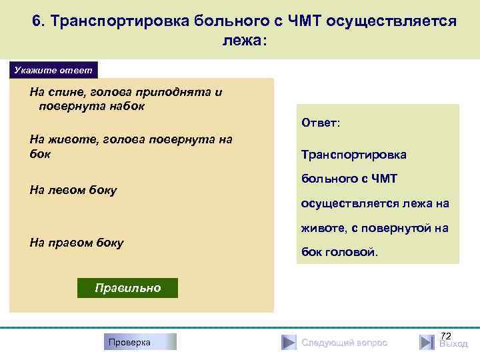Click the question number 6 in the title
(37, 21)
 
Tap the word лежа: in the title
(244, 41)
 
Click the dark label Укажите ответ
(53, 70)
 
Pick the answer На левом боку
(73, 190)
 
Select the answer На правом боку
(77, 243)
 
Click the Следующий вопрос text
(344, 343)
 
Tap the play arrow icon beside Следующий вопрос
(288, 343)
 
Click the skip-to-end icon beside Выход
(427, 343)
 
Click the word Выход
(453, 345)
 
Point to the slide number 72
(446, 335)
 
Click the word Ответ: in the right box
(321, 123)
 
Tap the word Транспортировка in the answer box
(353, 155)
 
